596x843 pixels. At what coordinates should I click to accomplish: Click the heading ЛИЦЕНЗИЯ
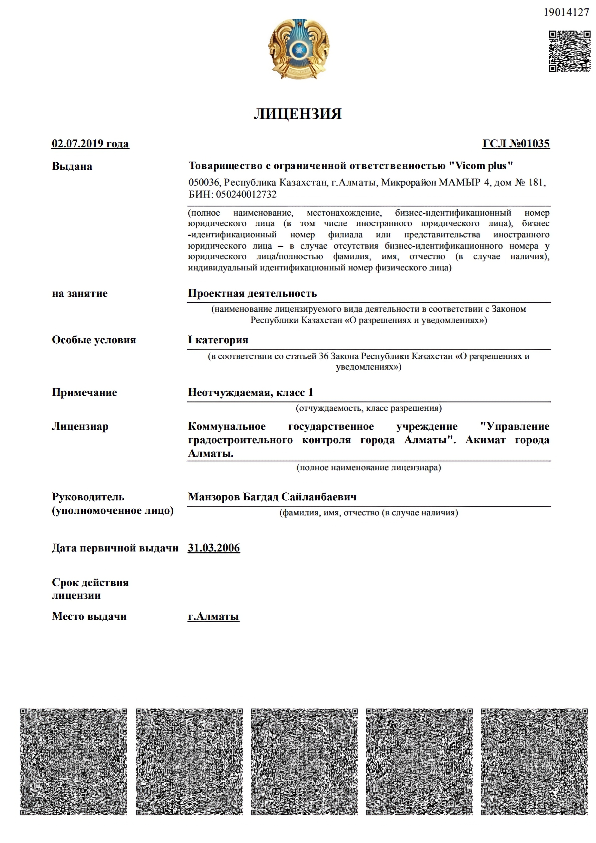[x=297, y=114]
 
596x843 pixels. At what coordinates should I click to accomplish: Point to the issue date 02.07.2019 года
[x=90, y=144]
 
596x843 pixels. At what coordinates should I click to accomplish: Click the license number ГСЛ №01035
[x=516, y=144]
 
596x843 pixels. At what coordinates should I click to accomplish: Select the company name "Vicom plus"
[x=481, y=166]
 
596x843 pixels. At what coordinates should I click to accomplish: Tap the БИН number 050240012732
[x=246, y=194]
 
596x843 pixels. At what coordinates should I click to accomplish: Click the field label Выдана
[x=72, y=166]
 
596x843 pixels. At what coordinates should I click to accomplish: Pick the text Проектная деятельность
[x=252, y=293]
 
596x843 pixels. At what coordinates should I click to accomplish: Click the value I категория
[x=218, y=340]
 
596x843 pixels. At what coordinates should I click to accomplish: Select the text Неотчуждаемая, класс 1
[x=251, y=392]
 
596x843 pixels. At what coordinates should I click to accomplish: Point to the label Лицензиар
[x=80, y=427]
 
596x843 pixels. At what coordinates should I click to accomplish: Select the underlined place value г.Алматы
[x=213, y=616]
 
